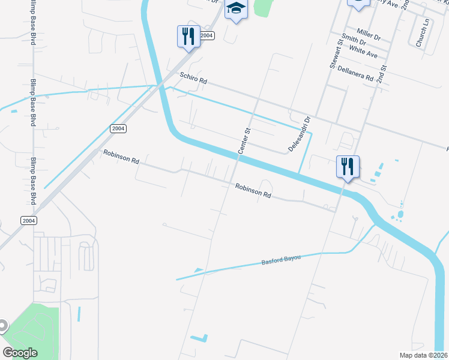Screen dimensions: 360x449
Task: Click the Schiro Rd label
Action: tap(193, 78)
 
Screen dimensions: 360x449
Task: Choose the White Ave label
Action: tap(363, 51)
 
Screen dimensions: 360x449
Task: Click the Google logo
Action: tap(20, 352)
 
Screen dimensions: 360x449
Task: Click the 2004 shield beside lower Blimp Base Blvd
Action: tap(28, 220)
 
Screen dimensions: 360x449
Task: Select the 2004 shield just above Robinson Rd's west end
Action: tap(118, 128)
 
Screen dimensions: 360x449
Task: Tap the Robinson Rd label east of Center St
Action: tap(253, 190)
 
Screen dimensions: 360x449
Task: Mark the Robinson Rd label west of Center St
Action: tap(121, 157)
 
